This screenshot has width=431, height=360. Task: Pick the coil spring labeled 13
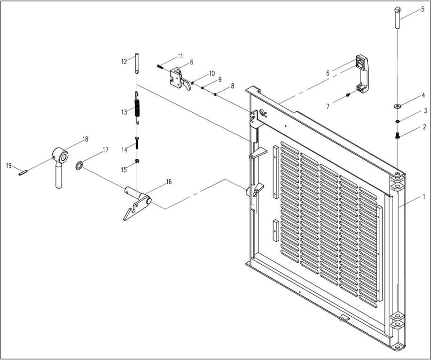(138, 108)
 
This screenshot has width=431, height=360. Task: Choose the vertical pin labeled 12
(137, 64)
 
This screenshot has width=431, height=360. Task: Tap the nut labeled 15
(137, 162)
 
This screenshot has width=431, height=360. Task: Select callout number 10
(212, 73)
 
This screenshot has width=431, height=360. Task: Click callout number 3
(425, 111)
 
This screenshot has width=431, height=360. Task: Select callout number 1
(423, 197)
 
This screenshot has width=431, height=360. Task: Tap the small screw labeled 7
(347, 94)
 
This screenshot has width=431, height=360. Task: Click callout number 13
(124, 112)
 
